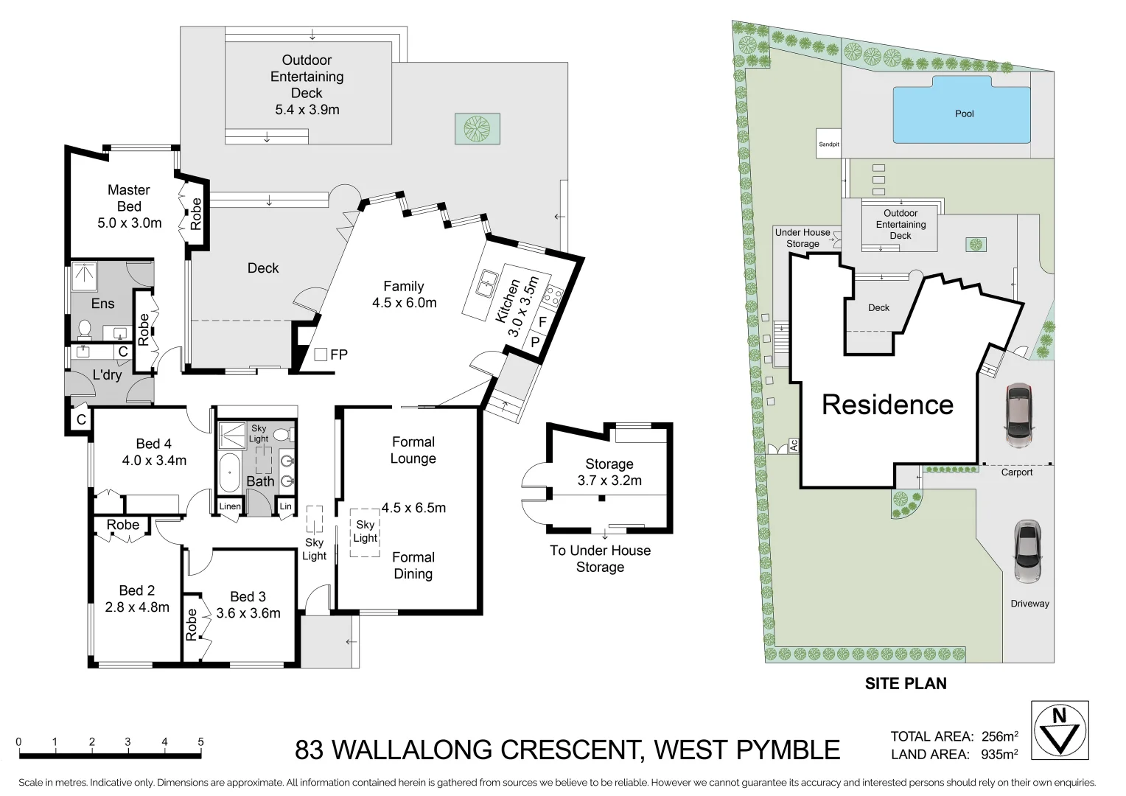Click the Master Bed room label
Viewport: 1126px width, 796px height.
tap(129, 206)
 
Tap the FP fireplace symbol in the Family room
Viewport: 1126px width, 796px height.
tap(321, 355)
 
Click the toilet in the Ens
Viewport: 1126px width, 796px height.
tap(84, 327)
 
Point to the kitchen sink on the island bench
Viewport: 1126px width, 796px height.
tap(486, 284)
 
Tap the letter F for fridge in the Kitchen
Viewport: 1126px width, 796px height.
tap(542, 322)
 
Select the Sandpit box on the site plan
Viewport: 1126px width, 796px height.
tap(828, 144)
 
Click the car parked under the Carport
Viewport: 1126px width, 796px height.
tap(1018, 414)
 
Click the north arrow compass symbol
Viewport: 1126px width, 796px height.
tap(1060, 730)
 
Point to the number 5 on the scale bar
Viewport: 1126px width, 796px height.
tap(200, 742)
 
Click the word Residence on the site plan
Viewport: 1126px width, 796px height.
tap(887, 405)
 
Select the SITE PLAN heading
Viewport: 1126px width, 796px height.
tap(905, 684)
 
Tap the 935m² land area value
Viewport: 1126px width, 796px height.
tap(999, 754)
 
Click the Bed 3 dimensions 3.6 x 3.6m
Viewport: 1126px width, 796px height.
tap(248, 613)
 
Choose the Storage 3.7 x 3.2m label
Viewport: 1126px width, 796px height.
tap(609, 472)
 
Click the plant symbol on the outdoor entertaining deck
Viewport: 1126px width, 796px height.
tap(477, 129)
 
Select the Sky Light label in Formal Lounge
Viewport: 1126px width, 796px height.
tap(366, 531)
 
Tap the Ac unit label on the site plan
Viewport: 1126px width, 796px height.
tap(794, 445)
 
